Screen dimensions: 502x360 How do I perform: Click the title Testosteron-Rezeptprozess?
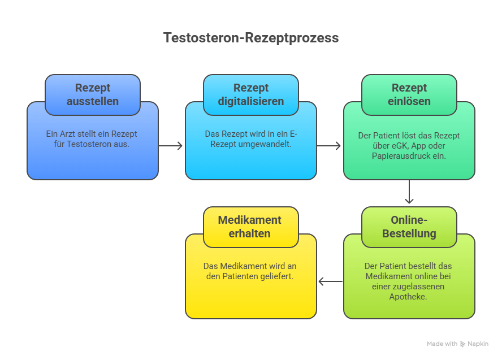point(251,38)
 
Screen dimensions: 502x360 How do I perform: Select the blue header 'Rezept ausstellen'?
point(93,95)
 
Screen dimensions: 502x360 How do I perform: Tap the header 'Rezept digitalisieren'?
point(251,95)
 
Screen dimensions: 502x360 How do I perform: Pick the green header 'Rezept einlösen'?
point(409,95)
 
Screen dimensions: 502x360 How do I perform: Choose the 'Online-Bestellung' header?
point(409,227)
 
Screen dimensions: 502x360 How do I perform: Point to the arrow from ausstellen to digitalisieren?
point(171,146)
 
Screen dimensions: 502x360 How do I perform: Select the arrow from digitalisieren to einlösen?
point(329,146)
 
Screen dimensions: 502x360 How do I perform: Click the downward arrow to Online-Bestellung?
point(409,192)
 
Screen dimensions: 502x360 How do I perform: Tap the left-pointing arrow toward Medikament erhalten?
point(331,281)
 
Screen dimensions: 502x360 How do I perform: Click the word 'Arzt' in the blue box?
point(67,134)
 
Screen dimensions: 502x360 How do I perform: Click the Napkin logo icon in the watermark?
point(462,344)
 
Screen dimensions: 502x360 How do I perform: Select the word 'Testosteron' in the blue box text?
point(86,144)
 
